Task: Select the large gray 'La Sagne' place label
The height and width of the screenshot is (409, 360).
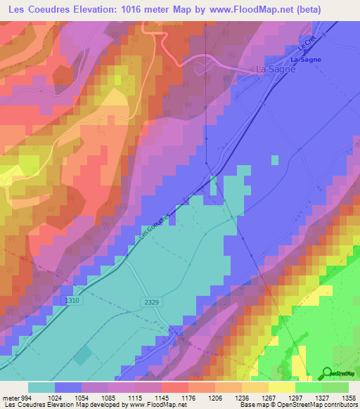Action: (275, 70)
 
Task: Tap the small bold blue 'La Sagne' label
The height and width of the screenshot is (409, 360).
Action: (306, 60)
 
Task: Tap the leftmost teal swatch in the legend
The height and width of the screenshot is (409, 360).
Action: (41, 387)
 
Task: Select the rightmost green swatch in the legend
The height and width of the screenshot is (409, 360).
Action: (335, 387)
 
